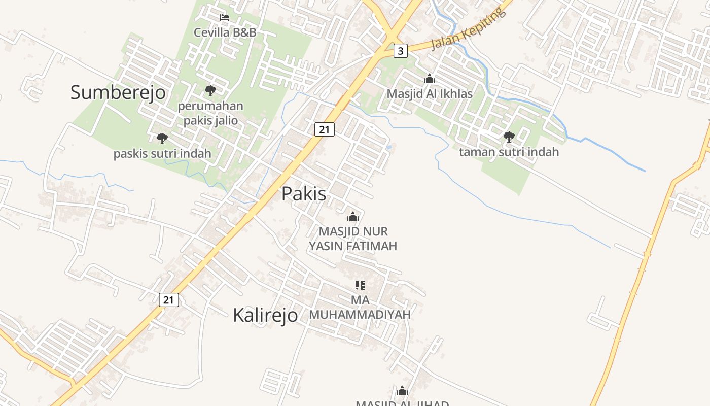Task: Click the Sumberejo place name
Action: click(x=118, y=92)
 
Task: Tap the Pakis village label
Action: click(x=304, y=193)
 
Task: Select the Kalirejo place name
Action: click(x=265, y=315)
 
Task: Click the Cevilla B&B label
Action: click(x=225, y=32)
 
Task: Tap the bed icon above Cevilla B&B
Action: click(x=225, y=18)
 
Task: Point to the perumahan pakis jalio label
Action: click(x=210, y=113)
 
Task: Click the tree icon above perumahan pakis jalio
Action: click(x=210, y=91)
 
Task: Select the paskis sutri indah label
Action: click(x=162, y=153)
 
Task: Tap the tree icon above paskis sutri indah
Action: click(x=162, y=138)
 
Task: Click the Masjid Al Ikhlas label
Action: click(x=430, y=94)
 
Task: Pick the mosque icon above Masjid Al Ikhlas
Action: click(x=430, y=79)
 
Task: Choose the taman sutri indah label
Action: click(x=509, y=152)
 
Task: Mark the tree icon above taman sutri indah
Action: click(x=509, y=137)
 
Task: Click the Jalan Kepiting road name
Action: click(x=468, y=29)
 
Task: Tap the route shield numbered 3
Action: click(x=401, y=51)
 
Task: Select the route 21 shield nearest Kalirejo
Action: click(x=169, y=300)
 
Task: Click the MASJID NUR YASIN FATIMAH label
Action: click(x=353, y=239)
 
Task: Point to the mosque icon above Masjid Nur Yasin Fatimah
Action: click(x=353, y=217)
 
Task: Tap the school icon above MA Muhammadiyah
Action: click(x=360, y=285)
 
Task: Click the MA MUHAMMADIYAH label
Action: click(x=360, y=307)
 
